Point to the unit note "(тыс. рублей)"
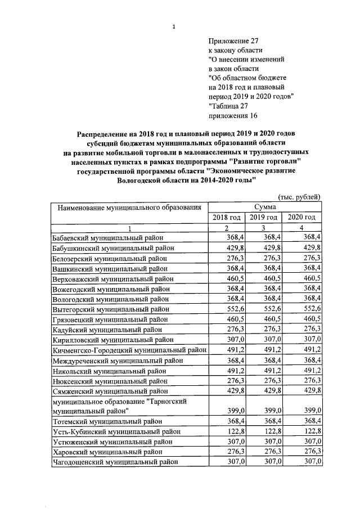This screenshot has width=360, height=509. tap(299, 196)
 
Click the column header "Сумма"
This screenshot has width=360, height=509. tap(264, 208)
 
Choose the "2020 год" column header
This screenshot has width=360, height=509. tap(301, 218)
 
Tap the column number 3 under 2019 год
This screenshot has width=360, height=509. tap(263, 228)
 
